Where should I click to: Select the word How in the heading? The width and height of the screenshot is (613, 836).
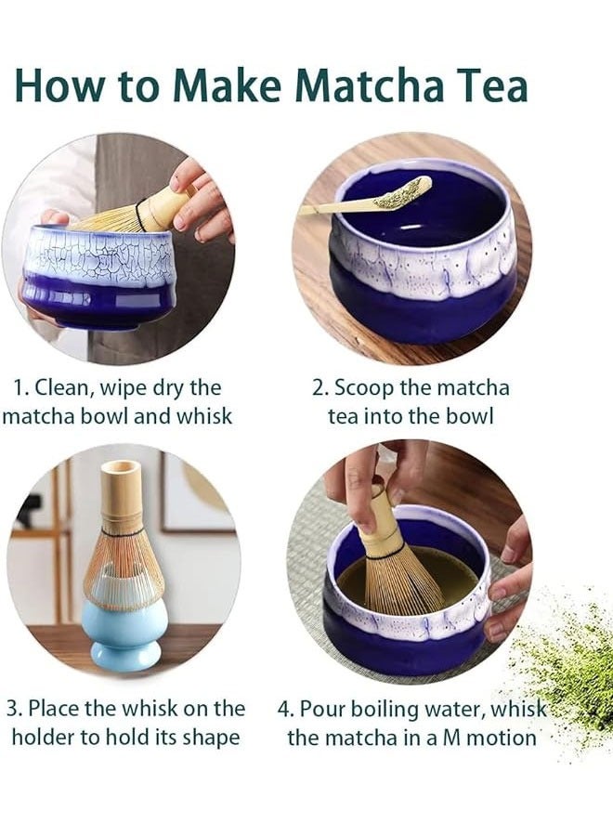(58, 85)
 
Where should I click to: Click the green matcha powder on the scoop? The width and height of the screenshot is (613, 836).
(401, 192)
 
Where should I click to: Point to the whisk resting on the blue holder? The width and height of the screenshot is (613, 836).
(124, 548)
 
